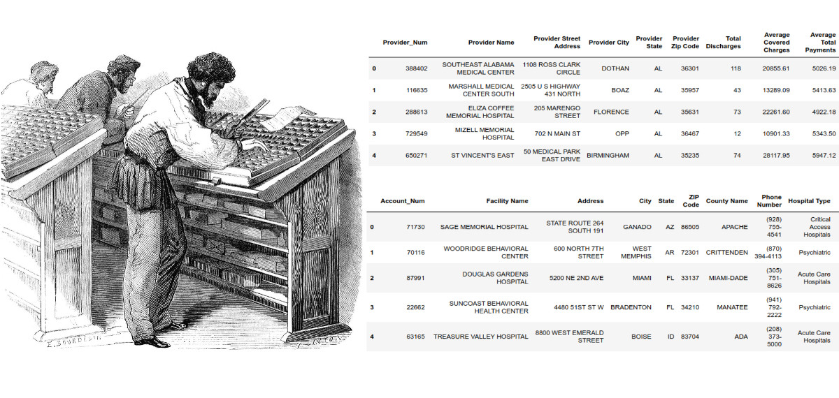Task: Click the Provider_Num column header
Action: coord(405,42)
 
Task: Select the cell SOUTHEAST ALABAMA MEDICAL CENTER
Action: coord(478,68)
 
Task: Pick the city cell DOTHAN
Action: coord(615,68)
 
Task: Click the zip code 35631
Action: coord(686,112)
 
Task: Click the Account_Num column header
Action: coord(402,201)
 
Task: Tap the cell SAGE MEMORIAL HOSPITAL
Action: coord(484,227)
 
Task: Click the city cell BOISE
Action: coord(641,337)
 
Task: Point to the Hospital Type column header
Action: coord(809,201)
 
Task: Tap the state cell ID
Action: coord(671,337)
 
